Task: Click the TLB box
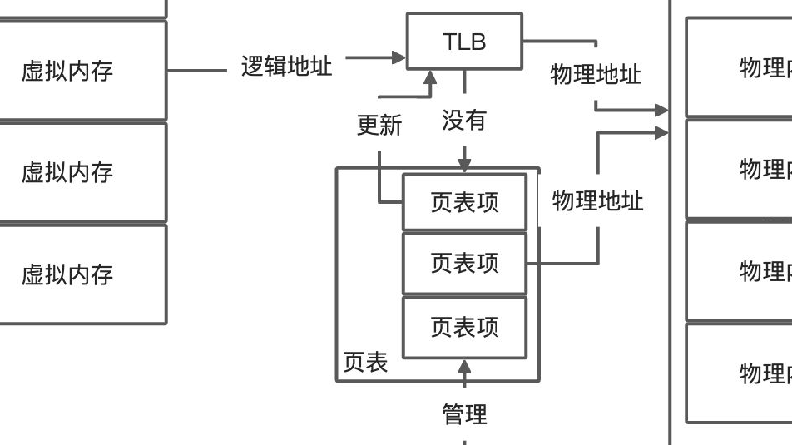[464, 41]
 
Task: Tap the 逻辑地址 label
[286, 67]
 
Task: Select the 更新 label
[379, 125]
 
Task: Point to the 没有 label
[463, 121]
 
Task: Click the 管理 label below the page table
[464, 413]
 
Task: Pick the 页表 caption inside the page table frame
[365, 363]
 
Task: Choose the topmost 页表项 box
[464, 202]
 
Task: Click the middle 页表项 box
[464, 264]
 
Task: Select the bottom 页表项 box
[464, 327]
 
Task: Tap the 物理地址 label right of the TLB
[596, 74]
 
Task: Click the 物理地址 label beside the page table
[597, 200]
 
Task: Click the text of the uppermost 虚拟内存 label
[67, 71]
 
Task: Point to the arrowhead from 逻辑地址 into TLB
[399, 57]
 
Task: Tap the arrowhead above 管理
[464, 366]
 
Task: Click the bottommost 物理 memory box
[739, 373]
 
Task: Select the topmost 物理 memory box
[739, 67]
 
